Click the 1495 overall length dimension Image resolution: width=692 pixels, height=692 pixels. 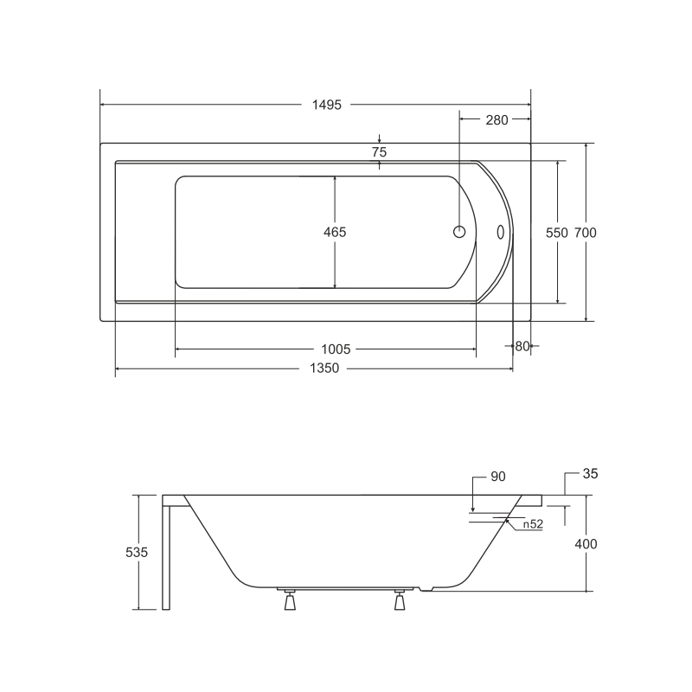327,105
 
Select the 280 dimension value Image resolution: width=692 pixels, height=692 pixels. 497,120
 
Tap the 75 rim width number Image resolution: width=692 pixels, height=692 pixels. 379,152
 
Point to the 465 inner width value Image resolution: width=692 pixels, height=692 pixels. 335,232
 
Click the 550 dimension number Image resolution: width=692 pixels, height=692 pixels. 557,233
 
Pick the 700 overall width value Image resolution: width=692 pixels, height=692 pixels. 586,233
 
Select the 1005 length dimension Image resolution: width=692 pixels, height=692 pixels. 336,349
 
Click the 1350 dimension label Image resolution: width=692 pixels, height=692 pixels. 324,368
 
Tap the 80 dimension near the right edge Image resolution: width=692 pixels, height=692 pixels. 522,347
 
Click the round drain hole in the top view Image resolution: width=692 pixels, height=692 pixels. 459,232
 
